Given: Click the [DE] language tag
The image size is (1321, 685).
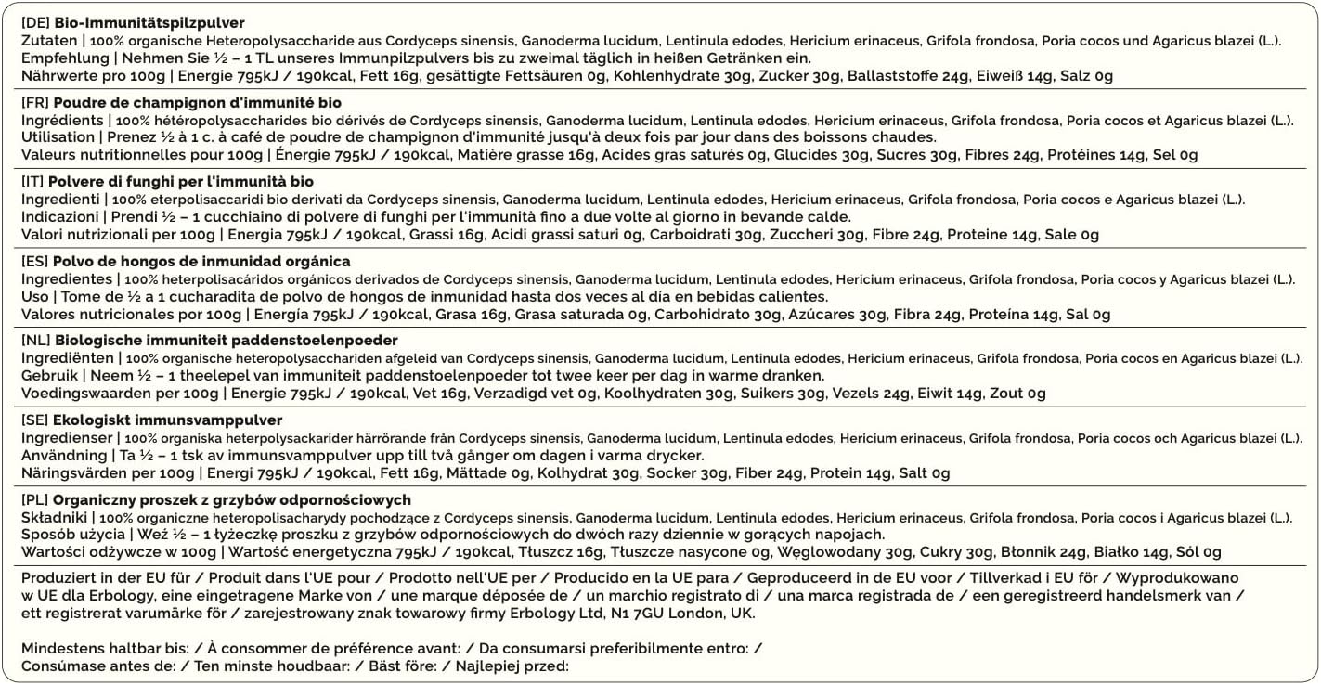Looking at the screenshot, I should tap(35, 22).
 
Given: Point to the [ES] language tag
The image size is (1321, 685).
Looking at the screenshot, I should tap(35, 261).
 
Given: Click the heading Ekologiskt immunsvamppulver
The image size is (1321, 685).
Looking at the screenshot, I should tap(168, 420).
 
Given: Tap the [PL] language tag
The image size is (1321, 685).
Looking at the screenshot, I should tap(35, 499).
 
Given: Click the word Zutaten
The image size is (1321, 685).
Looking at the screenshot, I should tap(48, 41).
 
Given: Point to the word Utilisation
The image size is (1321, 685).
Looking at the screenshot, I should tap(57, 137).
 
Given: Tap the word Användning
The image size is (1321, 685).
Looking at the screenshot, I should tap(64, 456).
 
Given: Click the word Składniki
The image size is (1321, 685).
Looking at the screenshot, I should tap(54, 517).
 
